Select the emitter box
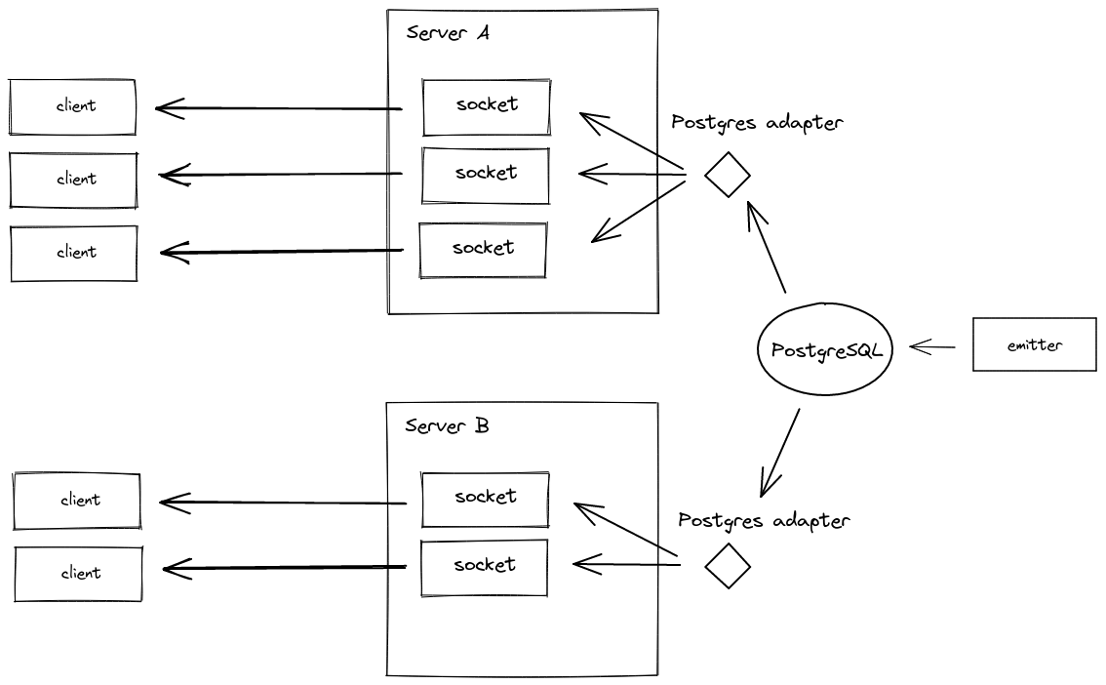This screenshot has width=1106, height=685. [1034, 344]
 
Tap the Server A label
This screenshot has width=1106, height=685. [448, 33]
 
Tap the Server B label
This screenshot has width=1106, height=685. [447, 426]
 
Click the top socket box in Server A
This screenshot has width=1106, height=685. [486, 105]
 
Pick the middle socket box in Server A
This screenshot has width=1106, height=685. [486, 175]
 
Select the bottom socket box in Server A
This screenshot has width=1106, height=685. [483, 249]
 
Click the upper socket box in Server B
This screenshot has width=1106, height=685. [485, 498]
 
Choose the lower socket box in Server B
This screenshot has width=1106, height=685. [485, 566]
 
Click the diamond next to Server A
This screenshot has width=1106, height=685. [728, 176]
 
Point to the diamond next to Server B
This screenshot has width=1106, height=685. [728, 566]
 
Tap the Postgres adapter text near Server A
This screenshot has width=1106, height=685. [757, 123]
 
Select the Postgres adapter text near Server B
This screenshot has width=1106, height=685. [764, 521]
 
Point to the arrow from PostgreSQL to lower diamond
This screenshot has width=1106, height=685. [781, 451]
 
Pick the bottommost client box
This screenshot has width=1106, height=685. [79, 573]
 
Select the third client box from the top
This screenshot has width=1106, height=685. [74, 253]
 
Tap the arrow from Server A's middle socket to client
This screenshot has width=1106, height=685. [281, 176]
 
